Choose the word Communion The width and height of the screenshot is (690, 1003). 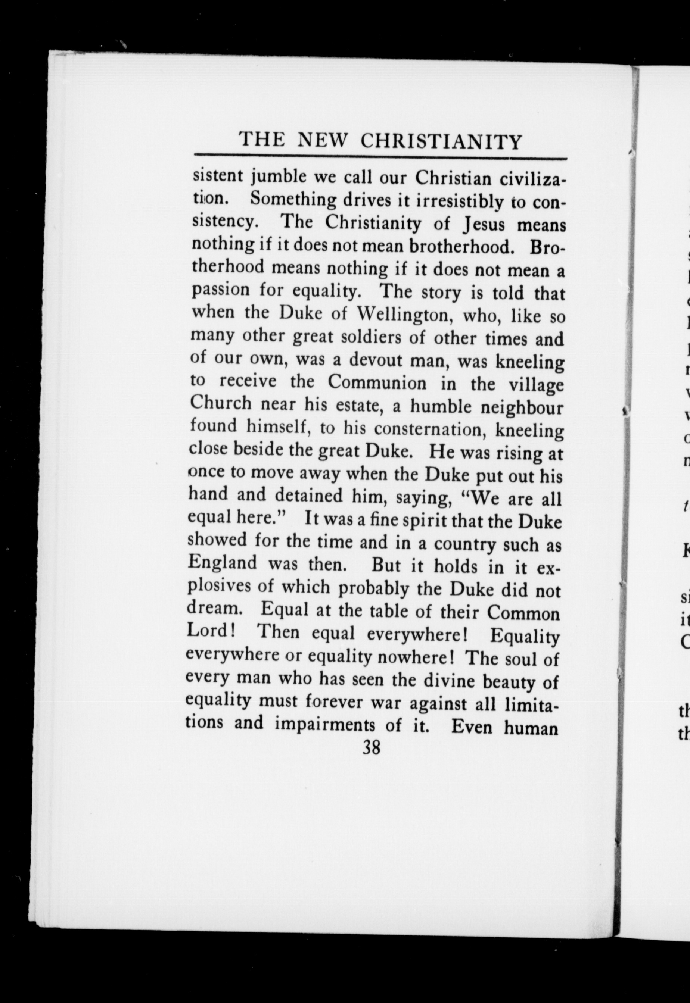point(377,383)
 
